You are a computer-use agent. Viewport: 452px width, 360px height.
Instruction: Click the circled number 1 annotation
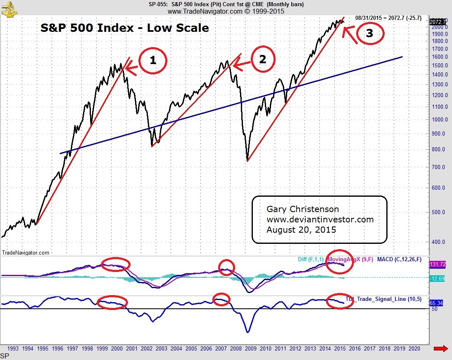coord(153,60)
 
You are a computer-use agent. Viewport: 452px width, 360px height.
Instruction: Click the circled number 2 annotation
coord(262,60)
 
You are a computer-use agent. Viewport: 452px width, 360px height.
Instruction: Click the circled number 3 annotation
coord(369,34)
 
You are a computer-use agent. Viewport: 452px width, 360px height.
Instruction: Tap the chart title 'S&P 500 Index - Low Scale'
coord(124,28)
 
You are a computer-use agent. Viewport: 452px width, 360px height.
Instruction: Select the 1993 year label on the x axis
coord(13,348)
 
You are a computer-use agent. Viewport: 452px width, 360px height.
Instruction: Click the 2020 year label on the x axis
coord(414,348)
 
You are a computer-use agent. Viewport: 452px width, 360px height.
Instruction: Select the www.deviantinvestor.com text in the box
coord(320,219)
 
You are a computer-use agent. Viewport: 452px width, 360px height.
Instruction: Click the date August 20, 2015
coord(301,229)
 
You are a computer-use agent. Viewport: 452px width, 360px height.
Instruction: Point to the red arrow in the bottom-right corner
coord(441,350)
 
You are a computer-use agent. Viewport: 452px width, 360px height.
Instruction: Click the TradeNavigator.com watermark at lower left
coord(26,253)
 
